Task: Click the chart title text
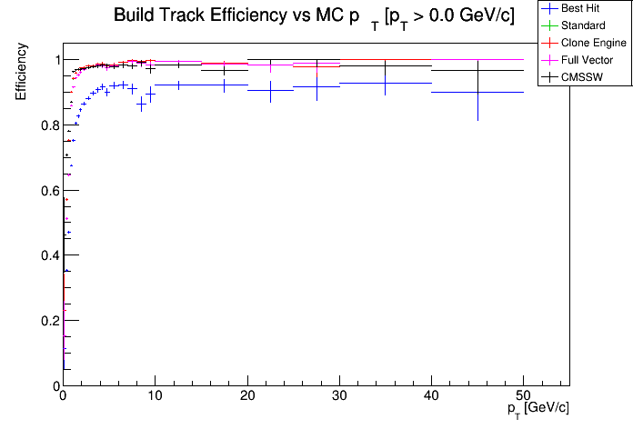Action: coord(314,16)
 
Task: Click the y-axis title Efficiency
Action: coord(21,79)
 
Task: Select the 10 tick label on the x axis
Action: coord(155,396)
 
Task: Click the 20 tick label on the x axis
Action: coord(246,396)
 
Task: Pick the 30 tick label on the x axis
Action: coord(339,396)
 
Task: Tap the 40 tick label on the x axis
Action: coord(431,396)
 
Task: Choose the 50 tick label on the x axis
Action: coord(523,396)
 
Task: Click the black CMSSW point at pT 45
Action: coord(477,71)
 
